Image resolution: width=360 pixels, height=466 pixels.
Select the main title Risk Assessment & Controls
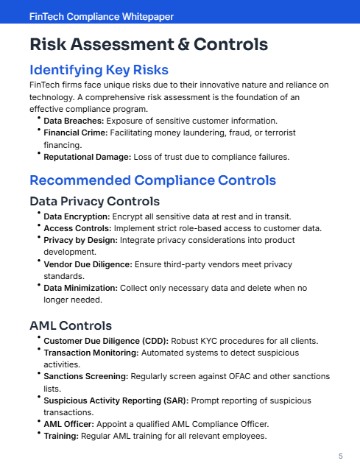[x=149, y=45]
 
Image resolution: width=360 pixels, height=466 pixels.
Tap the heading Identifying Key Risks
[x=99, y=71]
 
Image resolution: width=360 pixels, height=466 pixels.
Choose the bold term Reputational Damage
[x=88, y=157]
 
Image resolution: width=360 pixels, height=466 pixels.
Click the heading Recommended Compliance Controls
[x=152, y=180]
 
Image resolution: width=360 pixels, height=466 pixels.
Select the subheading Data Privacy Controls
[x=94, y=201]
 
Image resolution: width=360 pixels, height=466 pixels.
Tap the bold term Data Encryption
[x=77, y=216]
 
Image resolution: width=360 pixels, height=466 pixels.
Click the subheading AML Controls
[x=71, y=325]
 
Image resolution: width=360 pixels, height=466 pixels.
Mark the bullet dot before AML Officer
[x=38, y=422]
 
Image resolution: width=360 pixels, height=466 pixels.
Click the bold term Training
[x=60, y=436]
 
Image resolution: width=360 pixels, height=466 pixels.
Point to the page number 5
[x=340, y=456]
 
